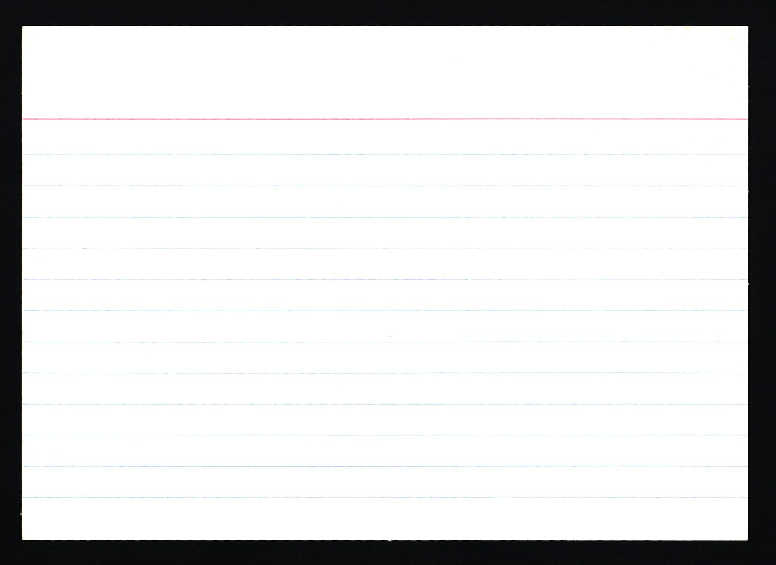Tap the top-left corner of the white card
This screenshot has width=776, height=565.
pos(23,27)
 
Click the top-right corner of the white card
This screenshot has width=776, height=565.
pos(747,27)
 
